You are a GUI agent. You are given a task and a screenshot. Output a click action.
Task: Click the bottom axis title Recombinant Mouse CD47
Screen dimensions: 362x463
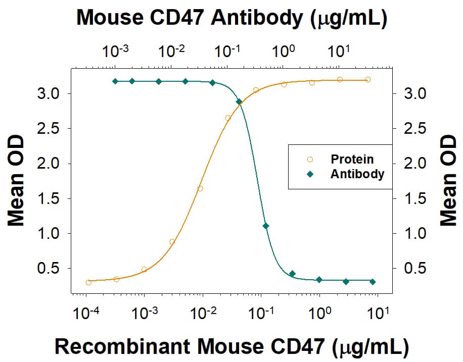pyautogui.click(x=231, y=347)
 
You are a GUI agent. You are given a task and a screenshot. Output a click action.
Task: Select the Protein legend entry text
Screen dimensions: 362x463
pyautogui.click(x=352, y=159)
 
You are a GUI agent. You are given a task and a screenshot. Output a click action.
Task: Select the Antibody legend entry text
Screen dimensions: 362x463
pyautogui.click(x=357, y=174)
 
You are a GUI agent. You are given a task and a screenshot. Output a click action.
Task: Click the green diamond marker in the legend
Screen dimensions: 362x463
pyautogui.click(x=310, y=174)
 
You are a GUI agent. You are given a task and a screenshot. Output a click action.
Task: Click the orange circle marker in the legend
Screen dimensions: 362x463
pyautogui.click(x=310, y=159)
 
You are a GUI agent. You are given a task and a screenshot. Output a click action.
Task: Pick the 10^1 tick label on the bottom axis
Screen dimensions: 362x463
pyautogui.click(x=378, y=315)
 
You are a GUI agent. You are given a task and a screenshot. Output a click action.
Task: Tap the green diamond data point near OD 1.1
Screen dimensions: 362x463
pyautogui.click(x=266, y=226)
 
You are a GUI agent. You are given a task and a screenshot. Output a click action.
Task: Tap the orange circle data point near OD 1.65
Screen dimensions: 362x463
pyautogui.click(x=200, y=188)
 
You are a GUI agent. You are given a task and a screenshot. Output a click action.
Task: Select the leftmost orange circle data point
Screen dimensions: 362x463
pyautogui.click(x=89, y=282)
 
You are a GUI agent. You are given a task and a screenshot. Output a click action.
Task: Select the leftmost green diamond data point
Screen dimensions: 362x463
pyautogui.click(x=115, y=81)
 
